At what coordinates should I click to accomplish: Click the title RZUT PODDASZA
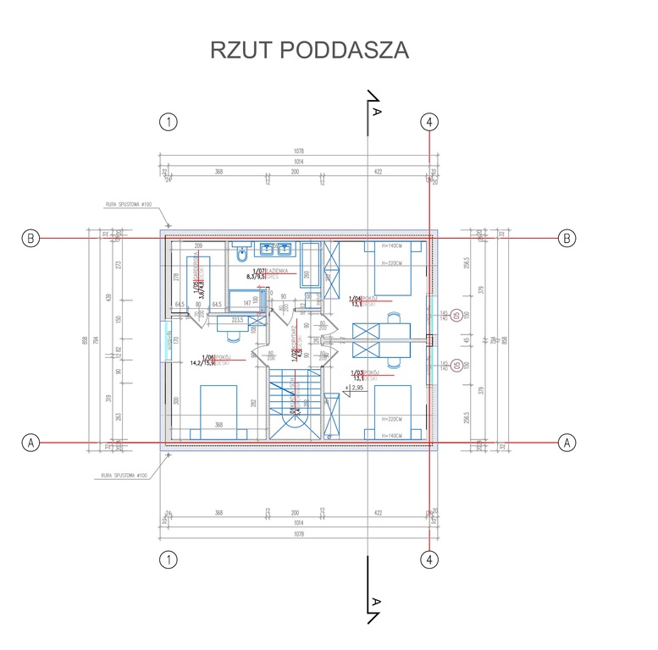click(x=309, y=50)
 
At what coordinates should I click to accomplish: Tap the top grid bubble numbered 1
click(x=169, y=122)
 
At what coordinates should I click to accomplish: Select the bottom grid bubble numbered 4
click(x=430, y=559)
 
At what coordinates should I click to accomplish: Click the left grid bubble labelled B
click(x=30, y=239)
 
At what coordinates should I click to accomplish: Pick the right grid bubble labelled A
click(x=567, y=442)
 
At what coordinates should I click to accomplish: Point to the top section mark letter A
click(x=377, y=112)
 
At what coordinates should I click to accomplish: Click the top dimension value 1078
click(x=298, y=151)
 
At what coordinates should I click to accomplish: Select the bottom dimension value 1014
click(x=298, y=524)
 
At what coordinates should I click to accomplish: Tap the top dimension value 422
click(x=378, y=172)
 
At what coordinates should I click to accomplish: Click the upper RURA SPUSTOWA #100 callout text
click(x=128, y=204)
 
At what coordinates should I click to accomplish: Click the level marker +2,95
click(x=359, y=387)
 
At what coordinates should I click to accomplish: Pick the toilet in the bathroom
click(x=241, y=252)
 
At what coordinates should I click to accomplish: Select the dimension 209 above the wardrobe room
click(x=199, y=246)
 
